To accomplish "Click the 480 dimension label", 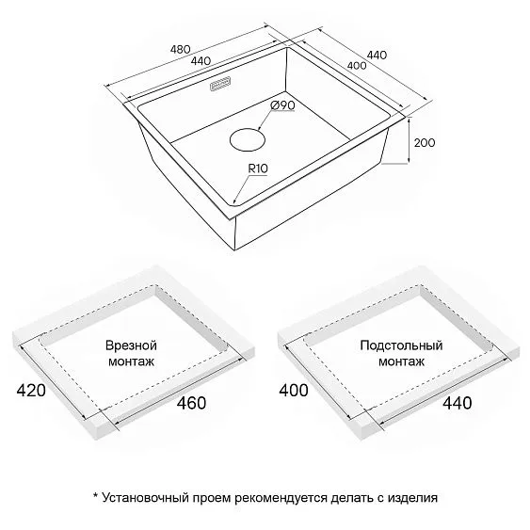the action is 180,50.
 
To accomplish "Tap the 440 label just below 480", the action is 201,61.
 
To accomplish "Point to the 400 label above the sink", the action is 357,65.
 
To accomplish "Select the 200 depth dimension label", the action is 425,143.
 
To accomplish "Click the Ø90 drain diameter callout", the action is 282,105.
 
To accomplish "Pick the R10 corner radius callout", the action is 258,169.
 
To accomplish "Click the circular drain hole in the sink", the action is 247,139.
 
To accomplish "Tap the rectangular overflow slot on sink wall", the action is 221,84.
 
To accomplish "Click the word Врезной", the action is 131,345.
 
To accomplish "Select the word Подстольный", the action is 401,345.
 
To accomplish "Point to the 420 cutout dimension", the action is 31,391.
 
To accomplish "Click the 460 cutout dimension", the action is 191,403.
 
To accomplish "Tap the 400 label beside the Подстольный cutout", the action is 294,391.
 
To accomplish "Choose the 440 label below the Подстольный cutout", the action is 458,403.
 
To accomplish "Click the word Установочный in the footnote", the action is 145,498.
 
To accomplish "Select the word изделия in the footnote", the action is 412,498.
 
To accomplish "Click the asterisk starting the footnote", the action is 95,496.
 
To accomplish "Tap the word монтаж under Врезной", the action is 131,361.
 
